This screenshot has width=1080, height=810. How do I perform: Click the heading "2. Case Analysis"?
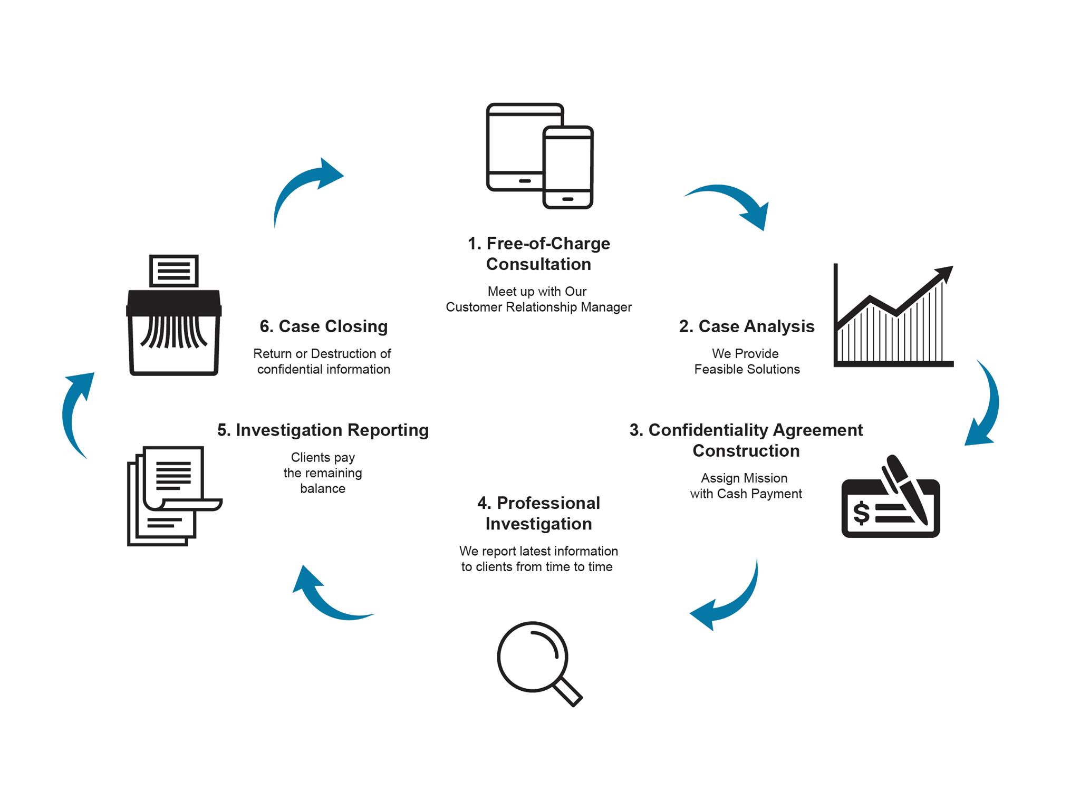tap(746, 326)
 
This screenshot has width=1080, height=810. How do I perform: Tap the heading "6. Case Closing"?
tap(323, 326)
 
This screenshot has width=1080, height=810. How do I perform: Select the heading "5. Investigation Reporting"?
tap(323, 430)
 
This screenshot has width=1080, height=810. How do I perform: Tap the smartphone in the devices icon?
tap(568, 167)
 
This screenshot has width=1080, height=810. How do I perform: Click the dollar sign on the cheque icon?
tap(861, 513)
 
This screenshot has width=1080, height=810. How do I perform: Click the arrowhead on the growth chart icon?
tap(944, 274)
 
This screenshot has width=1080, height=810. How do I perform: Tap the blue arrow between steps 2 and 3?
tap(985, 406)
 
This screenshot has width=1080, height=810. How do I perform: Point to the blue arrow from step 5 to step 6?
tap(76, 411)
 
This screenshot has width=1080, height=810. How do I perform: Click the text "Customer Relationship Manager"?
tap(538, 307)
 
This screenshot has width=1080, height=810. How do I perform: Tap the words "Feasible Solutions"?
tap(747, 370)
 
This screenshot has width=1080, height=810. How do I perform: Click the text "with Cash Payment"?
tap(746, 494)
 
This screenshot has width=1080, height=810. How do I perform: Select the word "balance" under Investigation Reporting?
tap(323, 489)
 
